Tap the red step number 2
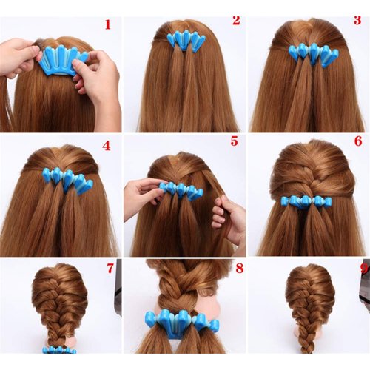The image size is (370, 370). (x=235, y=19)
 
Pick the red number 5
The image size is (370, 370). (x=234, y=141)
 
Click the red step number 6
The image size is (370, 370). (x=357, y=141)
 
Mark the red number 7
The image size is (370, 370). (x=110, y=267)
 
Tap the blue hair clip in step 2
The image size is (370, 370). (x=186, y=40)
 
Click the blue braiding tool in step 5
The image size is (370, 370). (x=181, y=190)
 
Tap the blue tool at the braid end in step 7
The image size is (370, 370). (x=58, y=349)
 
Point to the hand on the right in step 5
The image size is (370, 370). (x=230, y=218)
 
